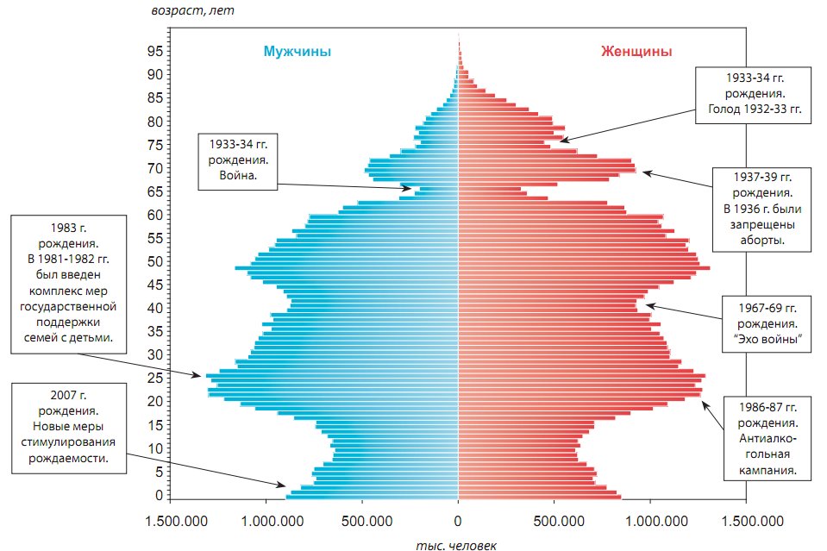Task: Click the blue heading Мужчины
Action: pos(298,52)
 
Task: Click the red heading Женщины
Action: pos(636,52)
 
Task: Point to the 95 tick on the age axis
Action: pos(155,52)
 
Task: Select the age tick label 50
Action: pos(155,261)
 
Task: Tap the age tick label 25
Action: pos(155,378)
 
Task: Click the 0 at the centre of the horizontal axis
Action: pos(458,520)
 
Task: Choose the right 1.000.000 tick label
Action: pos(648,520)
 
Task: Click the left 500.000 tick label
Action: pos(361,520)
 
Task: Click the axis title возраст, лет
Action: pos(191,11)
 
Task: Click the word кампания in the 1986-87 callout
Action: pos(767,471)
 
